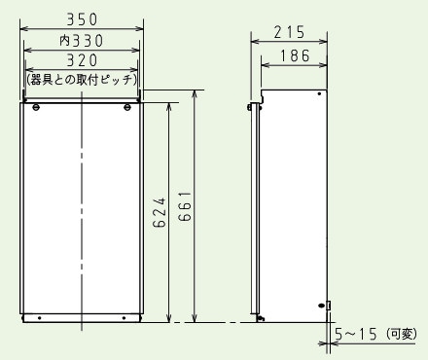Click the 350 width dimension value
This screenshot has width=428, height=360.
tap(82, 18)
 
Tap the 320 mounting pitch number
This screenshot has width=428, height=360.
tap(82, 60)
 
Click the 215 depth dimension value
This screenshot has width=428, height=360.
tap(290, 33)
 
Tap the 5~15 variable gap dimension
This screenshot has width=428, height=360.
tap(357, 335)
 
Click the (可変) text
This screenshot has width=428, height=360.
tap(402, 335)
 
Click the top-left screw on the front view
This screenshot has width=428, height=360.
tap(35, 107)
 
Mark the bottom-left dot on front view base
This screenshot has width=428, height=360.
tap(39, 316)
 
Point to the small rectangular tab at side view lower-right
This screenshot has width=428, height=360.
tap(330, 305)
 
